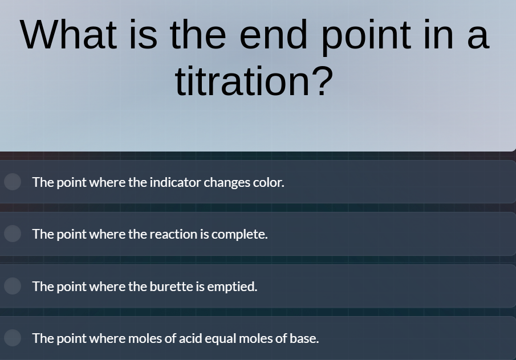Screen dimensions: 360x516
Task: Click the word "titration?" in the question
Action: pyautogui.click(x=254, y=81)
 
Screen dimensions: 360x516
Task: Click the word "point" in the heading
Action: pyautogui.click(x=365, y=35)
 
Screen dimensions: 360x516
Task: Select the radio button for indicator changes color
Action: pyautogui.click(x=13, y=182)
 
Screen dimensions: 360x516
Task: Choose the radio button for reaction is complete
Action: pyautogui.click(x=13, y=234)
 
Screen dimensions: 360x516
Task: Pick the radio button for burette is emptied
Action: pyautogui.click(x=13, y=286)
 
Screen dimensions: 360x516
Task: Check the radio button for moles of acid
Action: pyautogui.click(x=13, y=338)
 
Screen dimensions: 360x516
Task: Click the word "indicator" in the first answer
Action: pyautogui.click(x=175, y=182)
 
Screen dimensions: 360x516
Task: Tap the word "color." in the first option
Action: pyautogui.click(x=269, y=182)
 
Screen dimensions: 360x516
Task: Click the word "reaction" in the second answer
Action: pyautogui.click(x=173, y=234)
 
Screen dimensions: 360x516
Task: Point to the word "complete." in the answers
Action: pyautogui.click(x=239, y=234)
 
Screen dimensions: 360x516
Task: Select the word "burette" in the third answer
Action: pyautogui.click(x=171, y=287)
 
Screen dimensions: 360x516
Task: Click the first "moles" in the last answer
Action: pyautogui.click(x=145, y=338)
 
